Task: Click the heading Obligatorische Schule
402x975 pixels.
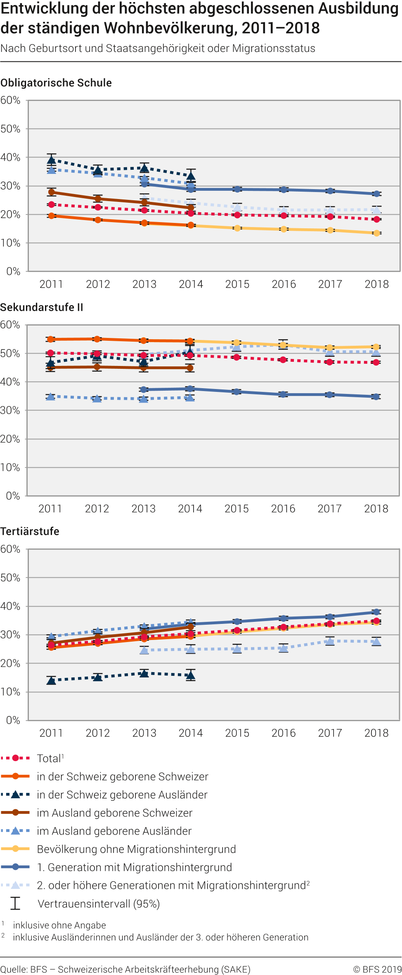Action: tap(56, 83)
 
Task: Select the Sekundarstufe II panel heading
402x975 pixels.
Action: tap(42, 307)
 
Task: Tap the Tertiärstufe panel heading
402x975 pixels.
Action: tap(30, 532)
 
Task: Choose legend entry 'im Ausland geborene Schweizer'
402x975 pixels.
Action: tap(114, 813)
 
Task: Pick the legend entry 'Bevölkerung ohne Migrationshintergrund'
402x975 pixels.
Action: tap(136, 849)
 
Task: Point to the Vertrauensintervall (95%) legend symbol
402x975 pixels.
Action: tap(15, 904)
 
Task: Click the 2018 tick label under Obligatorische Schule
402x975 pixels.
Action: tap(376, 284)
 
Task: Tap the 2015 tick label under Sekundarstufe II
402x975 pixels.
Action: tap(236, 509)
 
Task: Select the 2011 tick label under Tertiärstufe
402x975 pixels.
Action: tap(51, 733)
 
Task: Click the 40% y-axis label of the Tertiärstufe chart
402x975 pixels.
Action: tap(10, 606)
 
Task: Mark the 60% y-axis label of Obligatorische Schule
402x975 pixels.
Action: tap(10, 100)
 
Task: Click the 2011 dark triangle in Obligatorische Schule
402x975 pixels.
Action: tap(52, 160)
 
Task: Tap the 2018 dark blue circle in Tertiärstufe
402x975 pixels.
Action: tap(376, 612)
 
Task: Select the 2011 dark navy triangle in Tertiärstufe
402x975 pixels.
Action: tap(51, 680)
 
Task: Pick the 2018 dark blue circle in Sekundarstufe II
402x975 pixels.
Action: tap(376, 397)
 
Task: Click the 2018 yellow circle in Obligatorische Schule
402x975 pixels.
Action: tap(376, 233)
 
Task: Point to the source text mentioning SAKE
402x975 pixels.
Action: tap(125, 970)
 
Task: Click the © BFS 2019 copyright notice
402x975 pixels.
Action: tap(377, 970)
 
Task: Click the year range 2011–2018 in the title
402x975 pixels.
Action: tap(281, 28)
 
